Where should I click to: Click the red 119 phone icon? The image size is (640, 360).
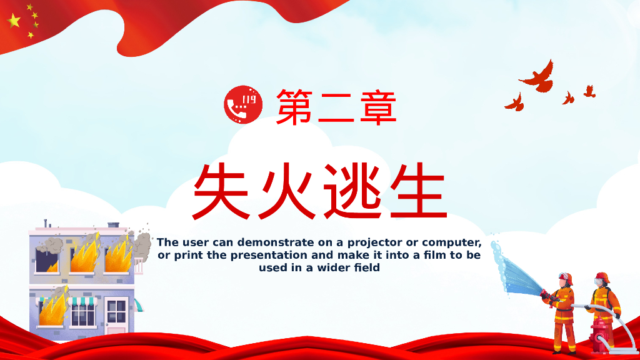[x=242, y=106]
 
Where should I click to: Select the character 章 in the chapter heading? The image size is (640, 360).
[x=377, y=107]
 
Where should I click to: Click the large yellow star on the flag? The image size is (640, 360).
[x=14, y=21]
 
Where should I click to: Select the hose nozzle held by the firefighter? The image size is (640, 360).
[x=545, y=293]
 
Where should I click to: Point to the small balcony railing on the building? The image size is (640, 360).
[x=138, y=266]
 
